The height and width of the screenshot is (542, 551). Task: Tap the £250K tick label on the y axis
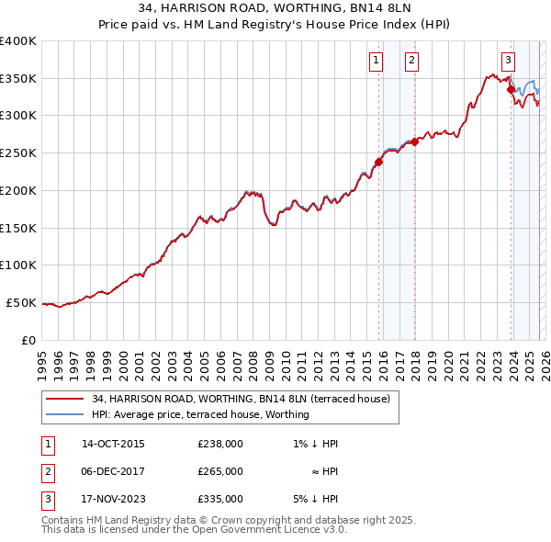(x=17, y=152)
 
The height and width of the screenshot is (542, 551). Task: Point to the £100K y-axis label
(x=17, y=265)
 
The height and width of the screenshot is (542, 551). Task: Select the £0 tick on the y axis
(x=28, y=340)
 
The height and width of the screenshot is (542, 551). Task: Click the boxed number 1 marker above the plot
(x=377, y=61)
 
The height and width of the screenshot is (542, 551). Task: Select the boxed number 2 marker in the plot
(x=411, y=61)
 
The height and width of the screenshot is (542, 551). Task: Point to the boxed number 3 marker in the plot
(x=508, y=61)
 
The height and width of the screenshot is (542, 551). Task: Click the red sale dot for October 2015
(x=378, y=162)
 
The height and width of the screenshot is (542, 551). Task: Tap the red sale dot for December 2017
(x=414, y=141)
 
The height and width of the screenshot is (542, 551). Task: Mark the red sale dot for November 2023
(x=511, y=89)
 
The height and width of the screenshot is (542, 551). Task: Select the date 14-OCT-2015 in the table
(x=113, y=444)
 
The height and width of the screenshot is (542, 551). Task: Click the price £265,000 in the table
(x=220, y=471)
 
